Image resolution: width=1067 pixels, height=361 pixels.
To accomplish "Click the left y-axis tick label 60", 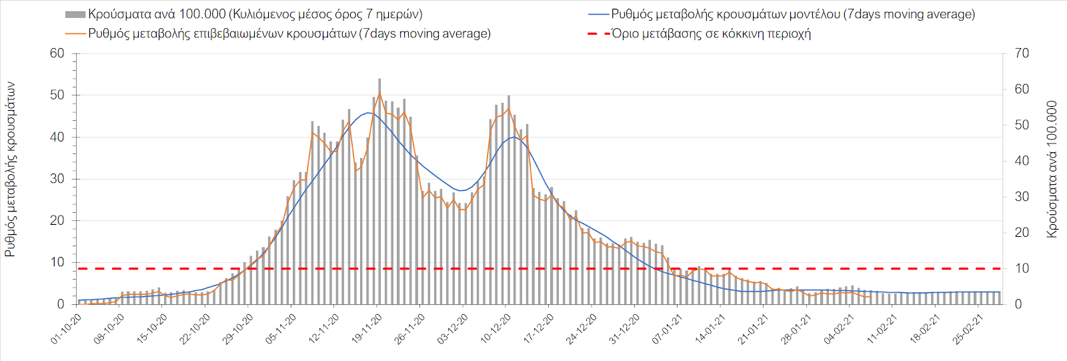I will point(57,53).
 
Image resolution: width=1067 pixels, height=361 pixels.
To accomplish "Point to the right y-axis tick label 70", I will point(1022,53).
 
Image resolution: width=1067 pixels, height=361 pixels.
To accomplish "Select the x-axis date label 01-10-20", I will point(67,328).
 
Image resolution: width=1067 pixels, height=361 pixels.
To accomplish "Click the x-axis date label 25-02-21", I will point(969,328).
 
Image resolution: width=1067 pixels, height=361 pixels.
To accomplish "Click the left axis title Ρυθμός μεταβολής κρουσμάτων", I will point(11,169).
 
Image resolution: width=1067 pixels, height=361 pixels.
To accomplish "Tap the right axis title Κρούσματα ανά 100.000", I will point(1052,169).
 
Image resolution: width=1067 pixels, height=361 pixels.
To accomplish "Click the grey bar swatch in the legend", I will point(75,15).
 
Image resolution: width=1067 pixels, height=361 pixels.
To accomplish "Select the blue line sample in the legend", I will point(598,14).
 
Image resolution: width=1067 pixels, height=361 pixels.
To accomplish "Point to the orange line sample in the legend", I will point(75,33).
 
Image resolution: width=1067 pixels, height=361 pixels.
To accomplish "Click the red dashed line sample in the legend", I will point(598,33).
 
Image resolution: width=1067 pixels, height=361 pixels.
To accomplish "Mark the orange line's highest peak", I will point(379,93).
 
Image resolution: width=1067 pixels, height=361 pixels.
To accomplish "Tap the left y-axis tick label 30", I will point(57,179).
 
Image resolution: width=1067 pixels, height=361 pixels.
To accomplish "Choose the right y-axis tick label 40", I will point(1022,161).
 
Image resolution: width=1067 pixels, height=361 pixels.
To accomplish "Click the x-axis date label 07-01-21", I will point(668,328).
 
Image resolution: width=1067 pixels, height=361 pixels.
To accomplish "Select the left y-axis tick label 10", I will point(57,262).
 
